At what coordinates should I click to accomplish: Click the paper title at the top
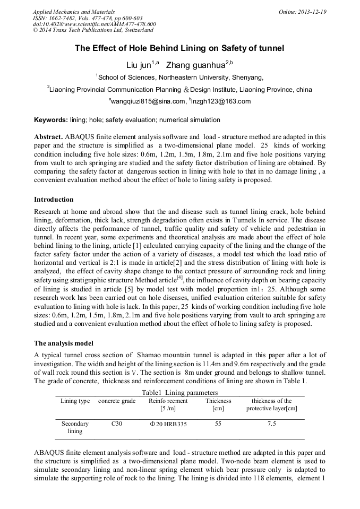pyautogui.click(x=179, y=48)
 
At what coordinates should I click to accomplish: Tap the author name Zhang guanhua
pyautogui.click(x=195, y=65)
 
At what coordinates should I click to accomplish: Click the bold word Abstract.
pyautogui.click(x=48, y=137)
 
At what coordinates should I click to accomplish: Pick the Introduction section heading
pyautogui.click(x=54, y=200)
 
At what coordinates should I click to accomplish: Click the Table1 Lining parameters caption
pyautogui.click(x=179, y=392)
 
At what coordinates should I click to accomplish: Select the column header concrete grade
pyautogui.click(x=117, y=401)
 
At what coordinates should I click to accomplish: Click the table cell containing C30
pyautogui.click(x=117, y=424)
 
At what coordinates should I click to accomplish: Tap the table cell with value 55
pyautogui.click(x=218, y=424)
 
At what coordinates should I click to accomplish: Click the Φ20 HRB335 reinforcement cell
pyautogui.click(x=168, y=424)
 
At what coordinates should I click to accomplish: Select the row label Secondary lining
pyautogui.click(x=75, y=427)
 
